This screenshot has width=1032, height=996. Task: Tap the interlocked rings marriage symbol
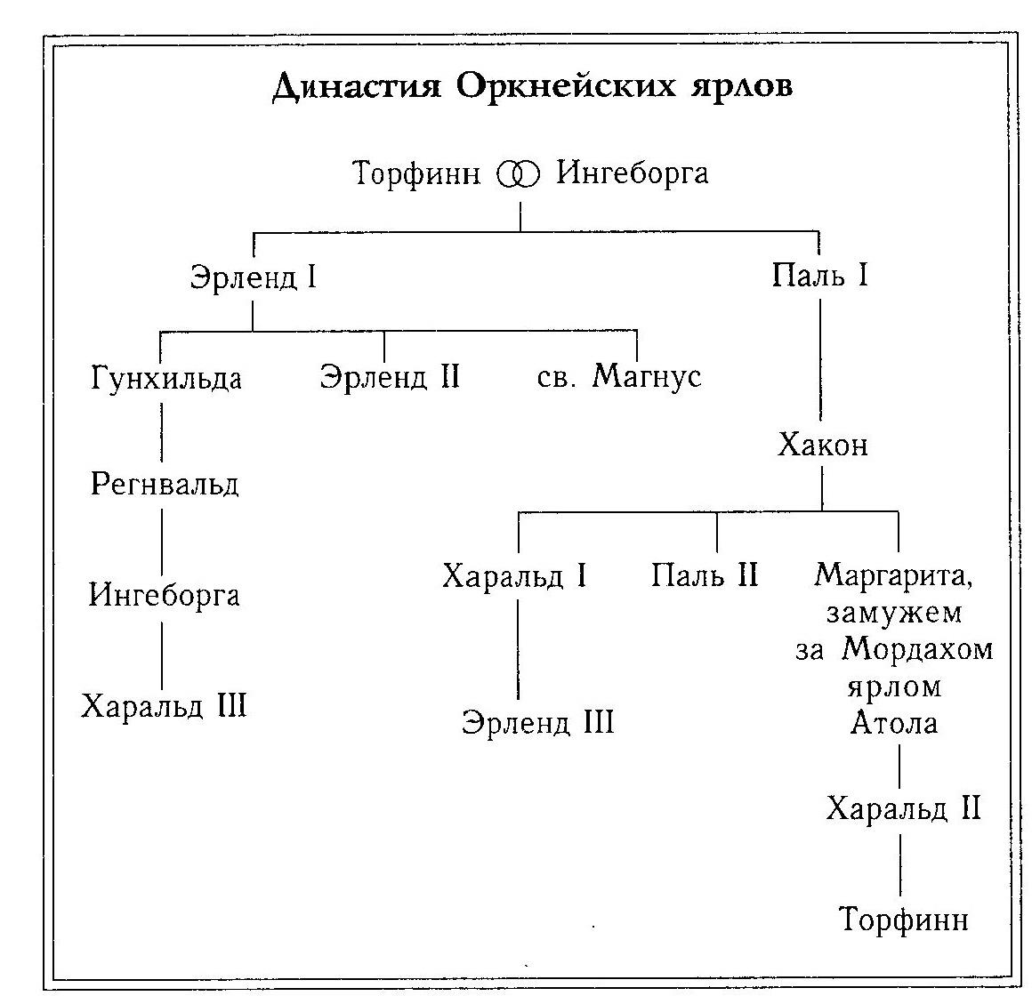coord(519,174)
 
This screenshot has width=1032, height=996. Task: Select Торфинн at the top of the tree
coord(416,173)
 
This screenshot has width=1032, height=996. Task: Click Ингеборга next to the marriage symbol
coord(633,173)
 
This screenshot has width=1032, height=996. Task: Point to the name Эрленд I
coord(254,277)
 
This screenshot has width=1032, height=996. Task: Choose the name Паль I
coord(819,274)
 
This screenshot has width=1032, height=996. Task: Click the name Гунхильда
coord(165,378)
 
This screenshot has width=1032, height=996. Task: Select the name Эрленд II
coord(390,377)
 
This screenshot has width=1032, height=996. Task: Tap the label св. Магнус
coord(619,376)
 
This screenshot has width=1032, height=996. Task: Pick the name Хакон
coord(823,445)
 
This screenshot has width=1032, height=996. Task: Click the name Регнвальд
coord(164,485)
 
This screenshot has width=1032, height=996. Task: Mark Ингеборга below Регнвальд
coord(164,595)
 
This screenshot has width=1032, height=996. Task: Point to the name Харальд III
coord(164,707)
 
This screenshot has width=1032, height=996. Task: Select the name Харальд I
coord(514,576)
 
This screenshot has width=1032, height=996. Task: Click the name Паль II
coord(705,575)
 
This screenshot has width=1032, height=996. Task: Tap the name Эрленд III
coord(537,722)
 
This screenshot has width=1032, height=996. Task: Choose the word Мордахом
coord(917,649)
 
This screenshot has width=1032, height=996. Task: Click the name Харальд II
coord(904,807)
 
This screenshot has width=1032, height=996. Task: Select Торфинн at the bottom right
coord(905,919)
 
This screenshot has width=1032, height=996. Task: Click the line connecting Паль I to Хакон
coord(820,360)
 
